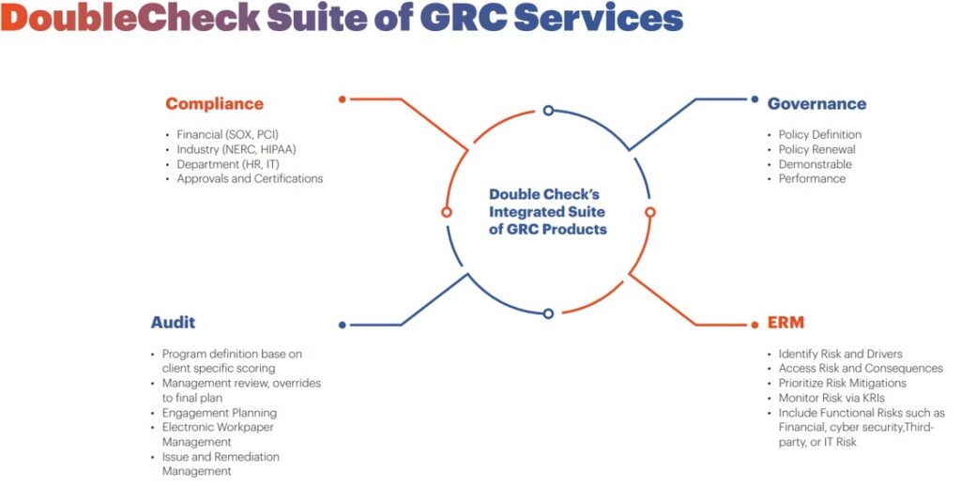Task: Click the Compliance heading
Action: click(214, 104)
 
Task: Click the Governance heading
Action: click(816, 104)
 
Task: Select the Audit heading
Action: click(173, 323)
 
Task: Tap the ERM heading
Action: click(786, 323)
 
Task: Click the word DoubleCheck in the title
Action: click(131, 18)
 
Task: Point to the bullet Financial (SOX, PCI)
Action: click(227, 134)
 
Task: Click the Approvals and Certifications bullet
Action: click(250, 178)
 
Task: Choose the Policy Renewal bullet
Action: click(816, 149)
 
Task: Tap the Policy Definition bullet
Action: click(819, 134)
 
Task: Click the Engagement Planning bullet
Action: click(220, 413)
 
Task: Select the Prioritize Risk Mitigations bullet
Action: click(842, 383)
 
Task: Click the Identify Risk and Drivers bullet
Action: click(840, 354)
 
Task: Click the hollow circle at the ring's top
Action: click(548, 110)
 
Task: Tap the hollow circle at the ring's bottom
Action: click(548, 313)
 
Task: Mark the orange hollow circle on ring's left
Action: click(447, 212)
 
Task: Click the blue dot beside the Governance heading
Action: click(754, 98)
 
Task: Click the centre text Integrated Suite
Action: click(548, 212)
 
